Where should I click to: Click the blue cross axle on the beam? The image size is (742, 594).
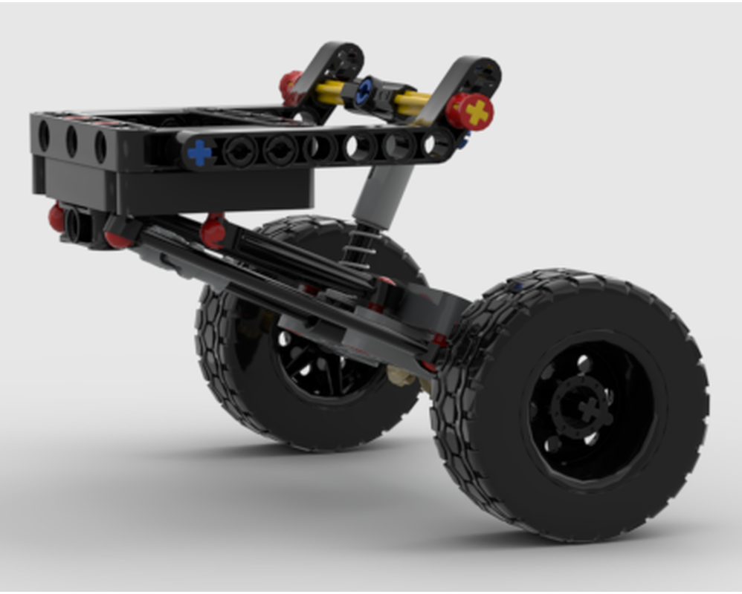[x=199, y=152]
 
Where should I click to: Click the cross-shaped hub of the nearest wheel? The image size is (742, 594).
[x=587, y=408]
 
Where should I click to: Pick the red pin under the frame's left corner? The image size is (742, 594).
[x=57, y=218]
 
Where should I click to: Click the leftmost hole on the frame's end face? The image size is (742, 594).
[x=44, y=136]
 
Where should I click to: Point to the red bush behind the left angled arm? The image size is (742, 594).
[x=290, y=87]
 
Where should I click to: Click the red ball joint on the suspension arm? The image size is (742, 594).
[x=213, y=232]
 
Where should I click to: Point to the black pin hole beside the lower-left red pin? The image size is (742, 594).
[x=75, y=222]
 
